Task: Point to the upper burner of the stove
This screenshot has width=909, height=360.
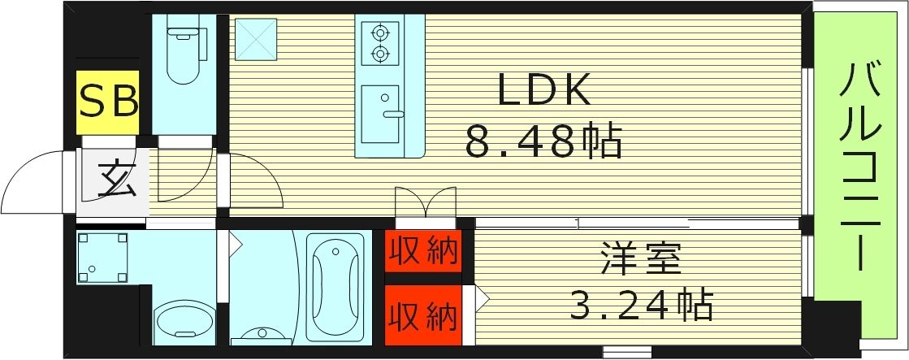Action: click(379, 33)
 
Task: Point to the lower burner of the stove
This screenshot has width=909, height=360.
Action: click(379, 54)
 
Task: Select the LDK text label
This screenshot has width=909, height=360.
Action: click(543, 93)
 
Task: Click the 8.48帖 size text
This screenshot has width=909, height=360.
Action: click(543, 143)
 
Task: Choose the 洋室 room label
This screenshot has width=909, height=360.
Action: click(641, 260)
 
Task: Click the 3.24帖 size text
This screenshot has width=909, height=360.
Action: click(641, 306)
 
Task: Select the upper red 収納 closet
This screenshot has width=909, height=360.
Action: click(422, 251)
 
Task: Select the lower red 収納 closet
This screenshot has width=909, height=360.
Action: click(422, 313)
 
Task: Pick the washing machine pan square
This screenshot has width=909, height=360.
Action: click(102, 258)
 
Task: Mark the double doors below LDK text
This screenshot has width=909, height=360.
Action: click(425, 203)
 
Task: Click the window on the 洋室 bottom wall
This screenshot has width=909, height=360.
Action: click(627, 352)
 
